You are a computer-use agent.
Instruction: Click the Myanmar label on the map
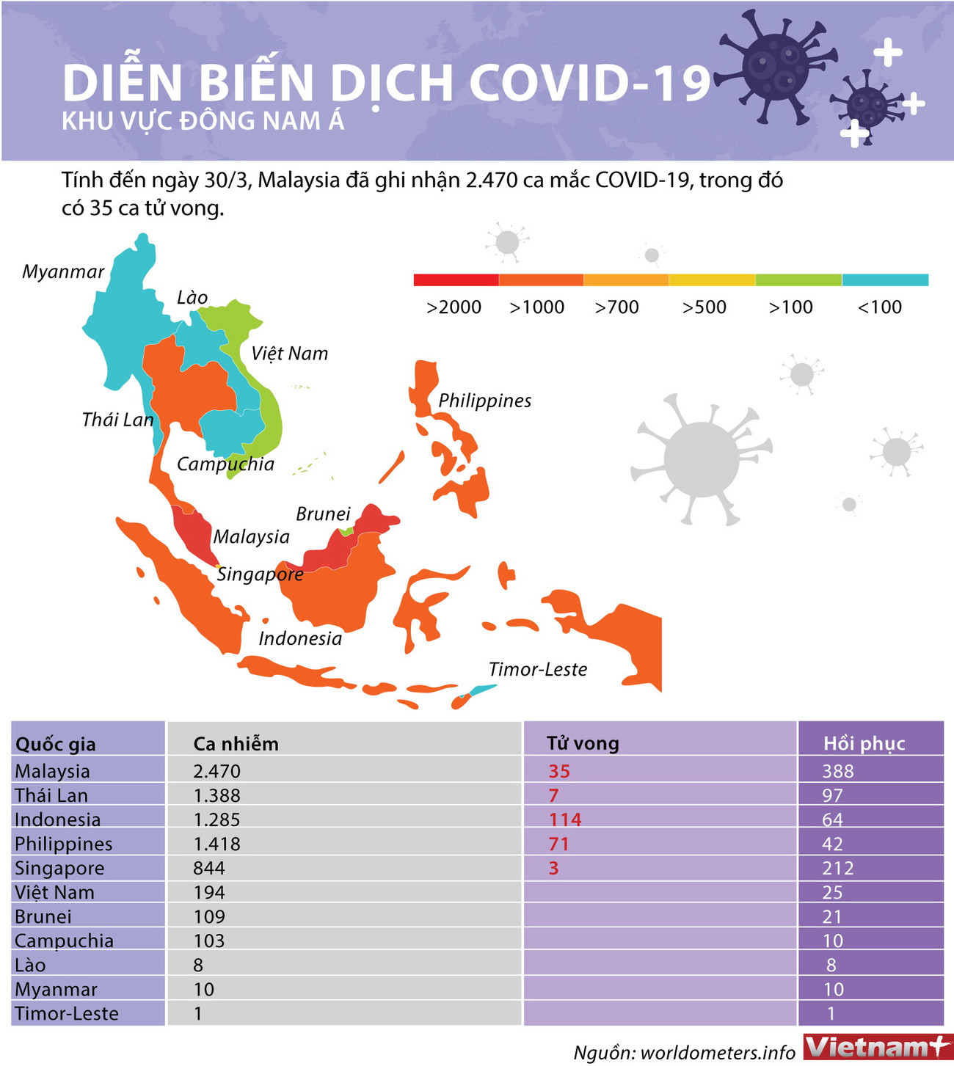point(63,272)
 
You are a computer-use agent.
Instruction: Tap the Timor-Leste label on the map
point(538,669)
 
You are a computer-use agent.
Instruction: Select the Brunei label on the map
point(323,514)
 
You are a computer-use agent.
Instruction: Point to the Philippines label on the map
point(484,401)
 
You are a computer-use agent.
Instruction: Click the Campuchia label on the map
point(225,464)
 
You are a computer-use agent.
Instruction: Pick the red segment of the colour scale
point(456,280)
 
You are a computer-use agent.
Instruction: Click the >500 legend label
point(704,307)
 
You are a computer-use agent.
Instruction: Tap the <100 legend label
point(879,307)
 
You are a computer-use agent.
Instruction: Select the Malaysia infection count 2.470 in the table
point(217,771)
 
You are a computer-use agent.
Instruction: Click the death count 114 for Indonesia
point(565,819)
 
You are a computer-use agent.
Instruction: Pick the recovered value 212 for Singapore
point(837,868)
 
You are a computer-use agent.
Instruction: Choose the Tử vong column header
point(583,744)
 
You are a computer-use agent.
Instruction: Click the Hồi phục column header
point(864,744)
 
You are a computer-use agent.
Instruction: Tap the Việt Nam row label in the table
point(54,892)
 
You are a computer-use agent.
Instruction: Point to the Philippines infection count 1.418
point(217,844)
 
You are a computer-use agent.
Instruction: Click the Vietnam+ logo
point(877,1047)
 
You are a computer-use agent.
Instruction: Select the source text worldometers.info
point(718,1053)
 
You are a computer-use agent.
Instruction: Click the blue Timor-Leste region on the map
point(481,690)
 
